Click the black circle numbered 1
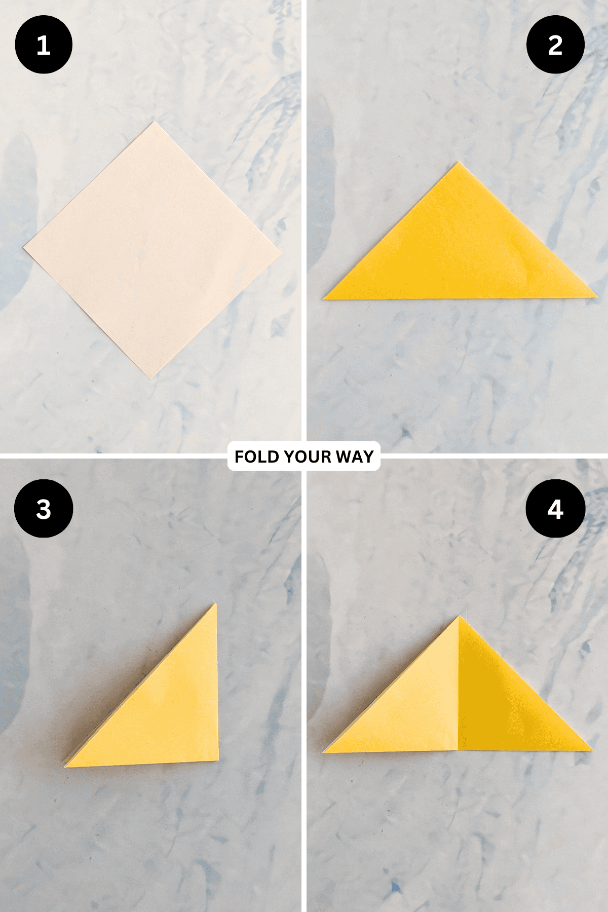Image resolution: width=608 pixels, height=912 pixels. click(x=44, y=45)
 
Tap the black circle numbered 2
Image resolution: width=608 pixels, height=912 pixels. click(x=555, y=45)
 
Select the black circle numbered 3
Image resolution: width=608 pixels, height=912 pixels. click(x=44, y=508)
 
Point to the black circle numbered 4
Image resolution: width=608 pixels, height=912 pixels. click(x=555, y=508)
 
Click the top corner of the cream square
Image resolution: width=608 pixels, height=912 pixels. click(x=154, y=122)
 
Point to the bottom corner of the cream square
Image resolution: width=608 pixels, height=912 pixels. click(x=150, y=378)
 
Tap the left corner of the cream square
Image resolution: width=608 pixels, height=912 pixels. click(x=23, y=247)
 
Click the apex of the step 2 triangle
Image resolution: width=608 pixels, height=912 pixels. click(x=459, y=162)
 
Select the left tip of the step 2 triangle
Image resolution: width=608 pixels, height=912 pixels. click(x=323, y=299)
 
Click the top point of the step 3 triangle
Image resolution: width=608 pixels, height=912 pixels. click(x=215, y=604)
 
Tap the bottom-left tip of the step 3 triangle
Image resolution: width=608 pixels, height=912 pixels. click(x=65, y=766)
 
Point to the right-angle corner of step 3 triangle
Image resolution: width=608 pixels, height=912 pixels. click(x=218, y=760)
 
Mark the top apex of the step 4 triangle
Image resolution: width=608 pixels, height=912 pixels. click(x=459, y=616)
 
